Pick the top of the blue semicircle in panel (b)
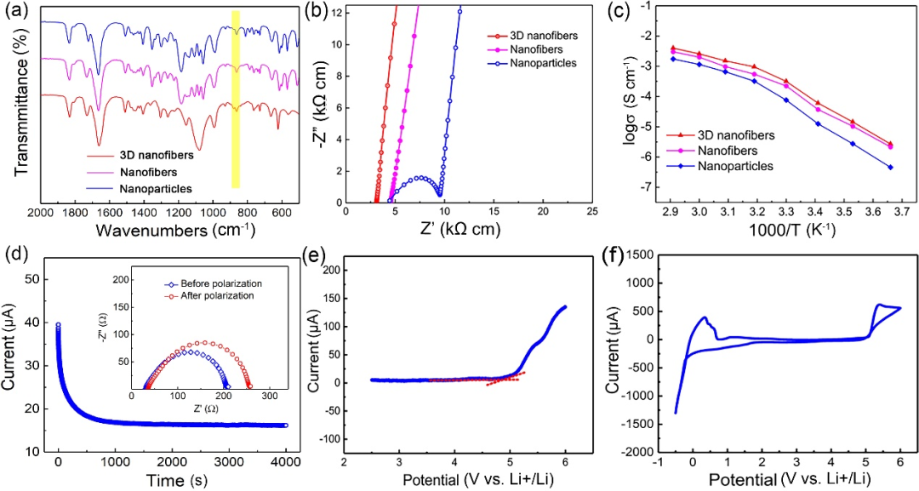coord(420,178)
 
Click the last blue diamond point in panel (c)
coord(890,167)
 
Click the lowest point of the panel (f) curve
coord(676,414)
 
